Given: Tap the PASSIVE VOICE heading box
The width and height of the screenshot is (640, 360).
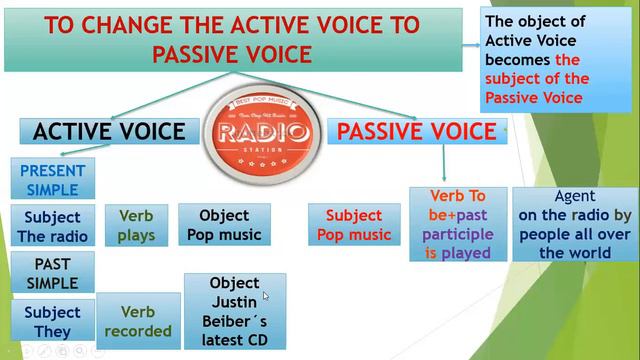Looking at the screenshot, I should coord(416,132).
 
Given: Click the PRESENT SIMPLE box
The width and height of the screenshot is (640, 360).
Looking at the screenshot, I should coord(52,180).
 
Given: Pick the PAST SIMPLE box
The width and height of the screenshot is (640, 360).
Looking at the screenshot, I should coord(52,273).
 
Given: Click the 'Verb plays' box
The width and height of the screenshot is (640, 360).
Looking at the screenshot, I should coord(136,226).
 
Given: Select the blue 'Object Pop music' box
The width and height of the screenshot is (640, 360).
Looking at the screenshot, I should coord(224,226).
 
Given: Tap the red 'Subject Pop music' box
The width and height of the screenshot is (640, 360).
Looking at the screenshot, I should coord(354,225).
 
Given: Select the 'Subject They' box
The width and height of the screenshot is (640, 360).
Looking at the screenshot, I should coord(52,322).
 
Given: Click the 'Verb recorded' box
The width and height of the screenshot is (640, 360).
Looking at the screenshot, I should coord(138,321).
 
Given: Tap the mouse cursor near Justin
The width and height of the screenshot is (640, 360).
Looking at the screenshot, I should coord(265,296).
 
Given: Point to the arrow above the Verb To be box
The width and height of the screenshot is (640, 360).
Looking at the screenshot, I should coord(444,163).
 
